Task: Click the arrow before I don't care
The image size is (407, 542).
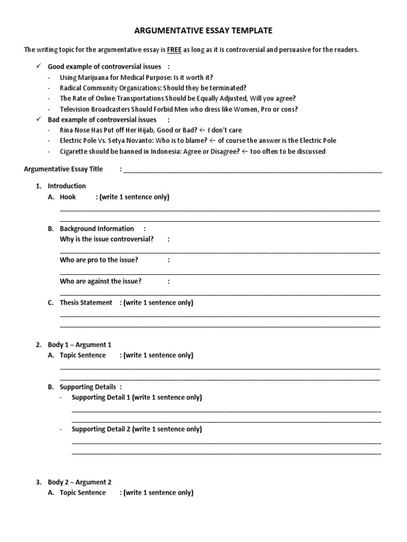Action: pyautogui.click(x=203, y=130)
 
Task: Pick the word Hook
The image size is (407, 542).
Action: pyautogui.click(x=68, y=197)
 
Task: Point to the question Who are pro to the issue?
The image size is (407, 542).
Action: pyautogui.click(x=99, y=260)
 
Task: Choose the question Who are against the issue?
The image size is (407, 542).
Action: pyautogui.click(x=101, y=281)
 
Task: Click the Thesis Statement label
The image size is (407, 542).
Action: pyautogui.click(x=86, y=303)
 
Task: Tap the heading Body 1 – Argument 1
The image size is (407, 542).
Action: pyautogui.click(x=79, y=345)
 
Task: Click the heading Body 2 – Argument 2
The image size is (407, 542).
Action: pyautogui.click(x=79, y=482)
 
